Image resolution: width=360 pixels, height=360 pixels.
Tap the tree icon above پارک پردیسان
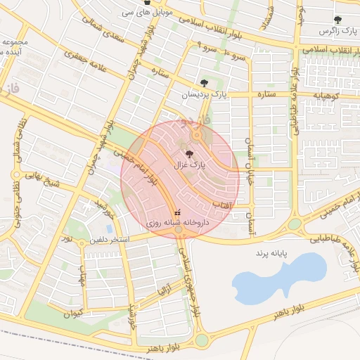[205, 83]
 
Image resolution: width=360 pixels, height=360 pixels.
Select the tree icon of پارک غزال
[189, 153]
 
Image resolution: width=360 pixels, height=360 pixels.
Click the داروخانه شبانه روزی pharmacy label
[176, 222]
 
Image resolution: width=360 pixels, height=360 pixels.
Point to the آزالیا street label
[164, 286]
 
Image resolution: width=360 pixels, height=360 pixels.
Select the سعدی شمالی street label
[113, 32]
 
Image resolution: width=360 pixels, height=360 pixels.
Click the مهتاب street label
[83, 281]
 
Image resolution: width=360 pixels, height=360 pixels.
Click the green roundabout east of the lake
[295, 224]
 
